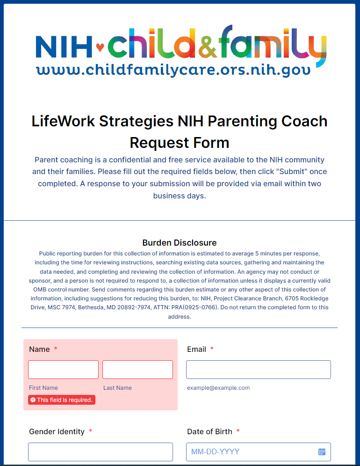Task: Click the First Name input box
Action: pos(63,370)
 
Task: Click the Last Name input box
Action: pos(137,370)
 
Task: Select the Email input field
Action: pos(258,370)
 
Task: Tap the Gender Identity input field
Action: pos(100,452)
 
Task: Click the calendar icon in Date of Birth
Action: pos(322,452)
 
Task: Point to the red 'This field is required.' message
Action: pos(62,400)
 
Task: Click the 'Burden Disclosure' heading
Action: pos(180,243)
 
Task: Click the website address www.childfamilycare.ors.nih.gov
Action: pos(173,71)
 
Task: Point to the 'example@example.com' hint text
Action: pos(218,388)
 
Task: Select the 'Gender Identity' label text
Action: pos(57,431)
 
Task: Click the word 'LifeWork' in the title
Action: pos(60,122)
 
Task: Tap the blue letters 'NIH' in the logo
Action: pos(64,45)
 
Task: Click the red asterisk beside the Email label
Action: pos(212,349)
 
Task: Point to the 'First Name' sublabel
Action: pos(43,388)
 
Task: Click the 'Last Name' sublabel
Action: pos(117,388)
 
